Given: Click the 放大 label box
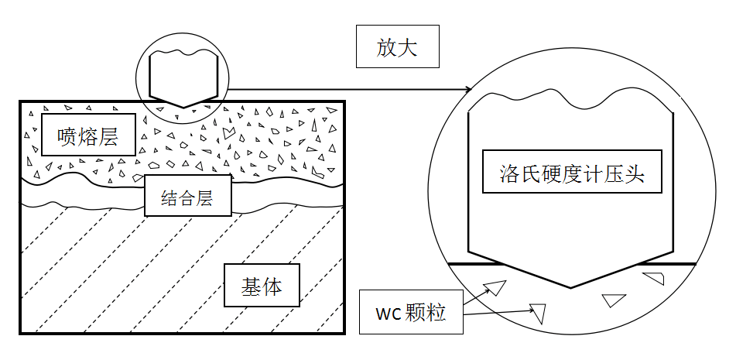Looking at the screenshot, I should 397,49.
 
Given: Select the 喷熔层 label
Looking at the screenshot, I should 87,137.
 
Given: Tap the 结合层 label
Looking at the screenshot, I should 189,196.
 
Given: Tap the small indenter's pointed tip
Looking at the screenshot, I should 183,107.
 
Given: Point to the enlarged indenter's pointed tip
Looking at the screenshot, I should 572,287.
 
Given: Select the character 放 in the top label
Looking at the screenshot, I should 386,49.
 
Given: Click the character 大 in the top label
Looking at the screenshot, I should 408,49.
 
